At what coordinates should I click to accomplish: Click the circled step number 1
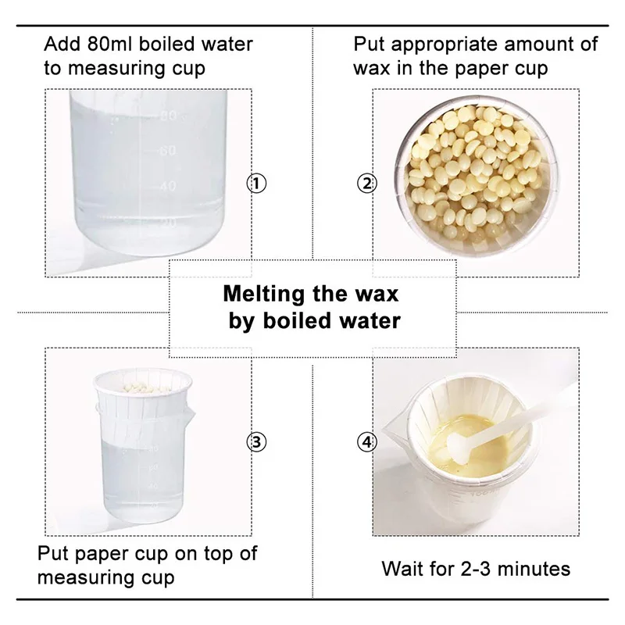[256, 184]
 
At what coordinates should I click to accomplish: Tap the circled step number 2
[366, 184]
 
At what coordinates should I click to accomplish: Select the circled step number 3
[256, 442]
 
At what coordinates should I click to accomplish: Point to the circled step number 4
[366, 442]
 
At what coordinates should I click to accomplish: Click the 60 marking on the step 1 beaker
[167, 150]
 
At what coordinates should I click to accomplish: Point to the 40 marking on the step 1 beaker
[167, 186]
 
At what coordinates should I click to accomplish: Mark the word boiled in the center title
[301, 320]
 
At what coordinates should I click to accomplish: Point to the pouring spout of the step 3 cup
[189, 415]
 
